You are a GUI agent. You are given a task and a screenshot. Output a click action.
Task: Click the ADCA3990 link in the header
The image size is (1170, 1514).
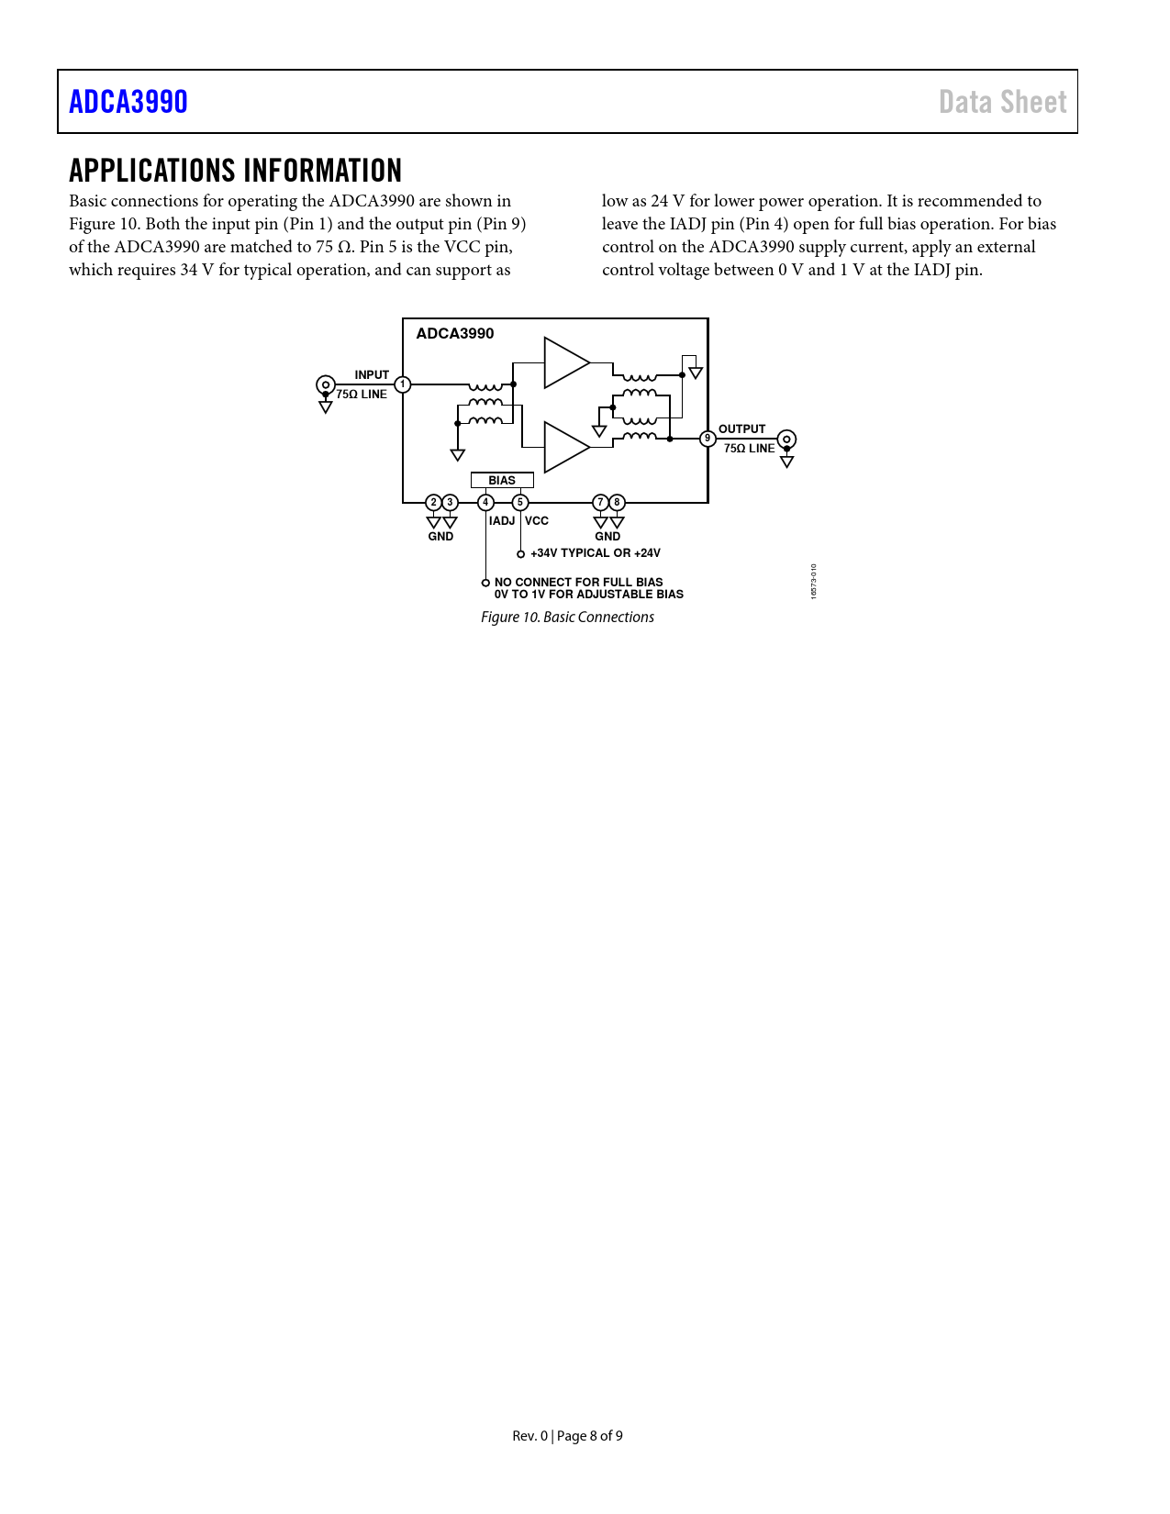point(128,102)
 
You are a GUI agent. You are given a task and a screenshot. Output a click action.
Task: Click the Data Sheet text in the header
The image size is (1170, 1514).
point(1002,102)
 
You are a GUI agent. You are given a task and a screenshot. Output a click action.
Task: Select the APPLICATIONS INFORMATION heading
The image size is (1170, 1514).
point(235,171)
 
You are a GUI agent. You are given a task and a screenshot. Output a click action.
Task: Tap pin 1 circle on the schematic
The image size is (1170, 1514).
point(403,384)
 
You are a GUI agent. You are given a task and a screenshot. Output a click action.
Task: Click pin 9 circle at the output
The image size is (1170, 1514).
point(708,439)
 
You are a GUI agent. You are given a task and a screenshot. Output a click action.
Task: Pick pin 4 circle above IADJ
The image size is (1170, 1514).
point(485,502)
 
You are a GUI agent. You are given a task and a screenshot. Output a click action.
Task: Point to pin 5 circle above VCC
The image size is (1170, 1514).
point(520,502)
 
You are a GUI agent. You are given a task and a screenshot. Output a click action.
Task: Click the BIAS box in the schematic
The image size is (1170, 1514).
point(502,480)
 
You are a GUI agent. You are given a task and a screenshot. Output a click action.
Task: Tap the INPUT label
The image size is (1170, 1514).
point(372,374)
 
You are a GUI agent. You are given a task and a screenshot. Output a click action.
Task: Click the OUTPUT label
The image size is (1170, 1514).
point(741,429)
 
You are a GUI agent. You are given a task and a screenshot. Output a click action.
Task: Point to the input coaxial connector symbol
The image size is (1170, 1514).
point(325,384)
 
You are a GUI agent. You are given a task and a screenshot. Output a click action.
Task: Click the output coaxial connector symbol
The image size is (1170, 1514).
point(786,440)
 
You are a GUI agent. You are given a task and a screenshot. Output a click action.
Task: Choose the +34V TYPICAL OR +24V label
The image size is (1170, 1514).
point(595,553)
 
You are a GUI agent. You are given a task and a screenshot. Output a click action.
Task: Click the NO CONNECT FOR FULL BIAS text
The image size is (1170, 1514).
point(578,582)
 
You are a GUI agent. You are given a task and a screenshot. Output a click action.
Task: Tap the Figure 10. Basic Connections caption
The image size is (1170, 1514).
point(567,617)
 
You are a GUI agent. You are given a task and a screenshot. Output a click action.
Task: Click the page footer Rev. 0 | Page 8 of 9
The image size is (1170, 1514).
point(567,1435)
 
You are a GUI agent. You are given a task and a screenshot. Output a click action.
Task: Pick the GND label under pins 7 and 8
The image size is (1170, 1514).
point(607,537)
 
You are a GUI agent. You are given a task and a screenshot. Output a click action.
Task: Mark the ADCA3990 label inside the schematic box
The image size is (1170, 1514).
point(455,333)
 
